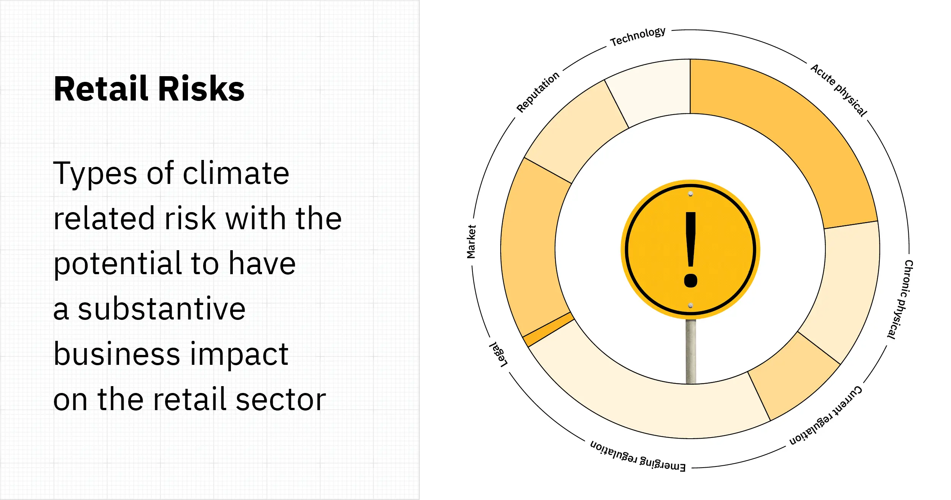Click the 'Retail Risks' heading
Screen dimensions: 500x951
click(x=149, y=89)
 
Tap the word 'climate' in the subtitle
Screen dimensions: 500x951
click(x=236, y=173)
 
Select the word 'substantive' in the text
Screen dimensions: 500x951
click(x=162, y=309)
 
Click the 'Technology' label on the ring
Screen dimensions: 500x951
click(x=638, y=37)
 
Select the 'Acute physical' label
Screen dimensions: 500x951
click(x=839, y=90)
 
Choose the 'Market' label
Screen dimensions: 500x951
click(x=471, y=242)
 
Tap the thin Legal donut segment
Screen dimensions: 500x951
click(x=548, y=329)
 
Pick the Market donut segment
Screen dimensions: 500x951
click(x=533, y=248)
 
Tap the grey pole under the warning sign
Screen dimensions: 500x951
click(x=691, y=350)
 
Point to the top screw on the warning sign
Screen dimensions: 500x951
click(x=690, y=194)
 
